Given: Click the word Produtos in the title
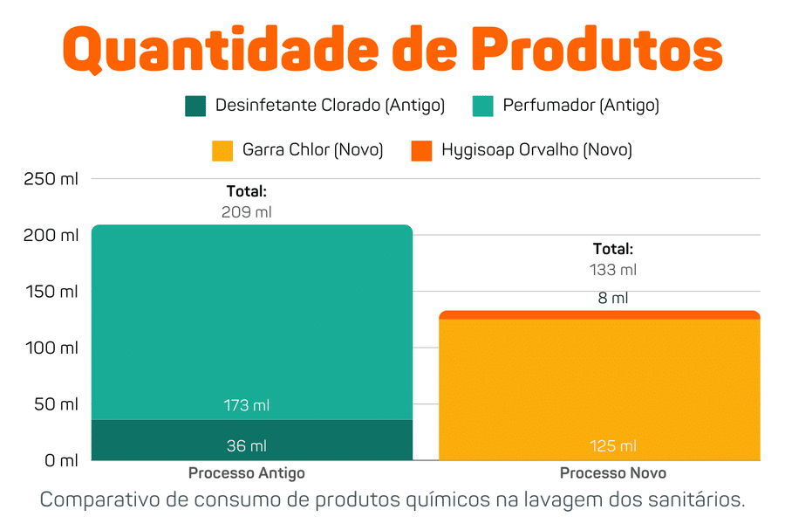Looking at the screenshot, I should point(602,50).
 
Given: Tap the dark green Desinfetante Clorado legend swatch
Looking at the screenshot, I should point(195,107).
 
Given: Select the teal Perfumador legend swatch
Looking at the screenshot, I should point(483,107).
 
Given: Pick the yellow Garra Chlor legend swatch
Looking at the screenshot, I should point(222,150).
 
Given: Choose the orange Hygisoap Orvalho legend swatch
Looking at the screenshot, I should point(421,150).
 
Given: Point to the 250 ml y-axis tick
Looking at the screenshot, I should point(51,179).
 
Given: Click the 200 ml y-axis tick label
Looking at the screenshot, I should point(51,236).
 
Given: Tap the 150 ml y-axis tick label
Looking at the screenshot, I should point(51,292).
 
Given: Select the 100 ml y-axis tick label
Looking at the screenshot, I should point(51,348).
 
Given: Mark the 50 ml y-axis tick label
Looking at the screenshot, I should point(54,404).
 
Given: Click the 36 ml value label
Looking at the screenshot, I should point(247,446).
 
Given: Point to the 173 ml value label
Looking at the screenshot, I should point(247,405).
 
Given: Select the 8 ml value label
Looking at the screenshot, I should point(613,298).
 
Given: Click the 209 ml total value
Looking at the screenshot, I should point(247,212).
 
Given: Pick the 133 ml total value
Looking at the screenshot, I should point(613,270).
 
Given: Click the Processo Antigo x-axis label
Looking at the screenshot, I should point(247,473).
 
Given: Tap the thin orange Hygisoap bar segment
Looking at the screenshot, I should point(599,314).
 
